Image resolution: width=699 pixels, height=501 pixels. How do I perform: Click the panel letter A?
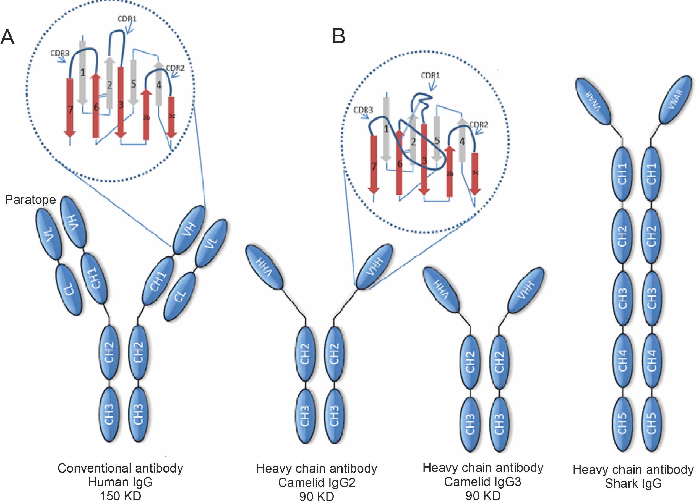pyautogui.click(x=7, y=37)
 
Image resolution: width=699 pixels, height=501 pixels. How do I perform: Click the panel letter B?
pyautogui.click(x=338, y=36)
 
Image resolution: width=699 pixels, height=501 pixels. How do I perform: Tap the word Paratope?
pyautogui.click(x=30, y=200)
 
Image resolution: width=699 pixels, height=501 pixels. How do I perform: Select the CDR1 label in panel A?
pyautogui.click(x=127, y=19)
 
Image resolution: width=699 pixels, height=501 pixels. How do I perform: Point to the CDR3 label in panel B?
pyautogui.click(x=363, y=110)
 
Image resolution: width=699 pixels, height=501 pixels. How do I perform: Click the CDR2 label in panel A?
pyautogui.click(x=175, y=68)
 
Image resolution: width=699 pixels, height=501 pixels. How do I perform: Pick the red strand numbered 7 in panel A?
pyautogui.click(x=70, y=108)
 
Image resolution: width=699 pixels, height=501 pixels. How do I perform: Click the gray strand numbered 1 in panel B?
pyautogui.click(x=385, y=129)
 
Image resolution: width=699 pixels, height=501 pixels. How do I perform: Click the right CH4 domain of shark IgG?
pyautogui.click(x=651, y=360)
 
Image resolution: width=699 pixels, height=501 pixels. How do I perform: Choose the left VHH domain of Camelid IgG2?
pyautogui.click(x=264, y=267)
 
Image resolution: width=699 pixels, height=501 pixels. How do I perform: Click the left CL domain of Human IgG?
pyautogui.click(x=69, y=289)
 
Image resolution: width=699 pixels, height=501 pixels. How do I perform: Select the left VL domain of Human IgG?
pyautogui.click(x=49, y=234)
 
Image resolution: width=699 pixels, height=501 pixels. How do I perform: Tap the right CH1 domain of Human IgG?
pyautogui.click(x=158, y=281)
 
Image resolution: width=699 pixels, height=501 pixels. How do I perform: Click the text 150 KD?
pyautogui.click(x=120, y=496)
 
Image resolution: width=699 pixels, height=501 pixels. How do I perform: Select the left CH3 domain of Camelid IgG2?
pyautogui.click(x=305, y=416)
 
